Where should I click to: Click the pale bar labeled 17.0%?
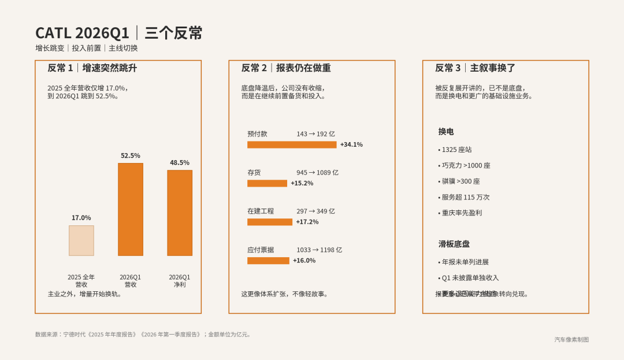[x=81, y=240]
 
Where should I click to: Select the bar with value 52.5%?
[x=131, y=209]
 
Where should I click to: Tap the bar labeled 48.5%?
[x=180, y=213]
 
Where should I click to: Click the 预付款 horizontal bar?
[x=292, y=144]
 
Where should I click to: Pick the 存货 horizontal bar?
[x=267, y=183]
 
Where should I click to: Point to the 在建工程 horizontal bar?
[x=270, y=222]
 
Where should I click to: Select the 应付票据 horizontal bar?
[x=268, y=261]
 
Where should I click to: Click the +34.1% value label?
[x=351, y=144]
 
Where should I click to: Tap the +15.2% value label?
[x=302, y=183]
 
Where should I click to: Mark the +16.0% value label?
[x=304, y=261]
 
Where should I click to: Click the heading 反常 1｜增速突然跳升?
[x=92, y=68]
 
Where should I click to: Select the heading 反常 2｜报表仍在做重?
[x=286, y=68]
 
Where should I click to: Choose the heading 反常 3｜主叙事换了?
[x=475, y=68]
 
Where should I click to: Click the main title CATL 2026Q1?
[x=82, y=33]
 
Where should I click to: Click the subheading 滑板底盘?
[x=454, y=244]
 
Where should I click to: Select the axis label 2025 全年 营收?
[x=81, y=281]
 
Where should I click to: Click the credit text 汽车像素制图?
[x=571, y=340]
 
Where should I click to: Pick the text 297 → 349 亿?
[x=315, y=211]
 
